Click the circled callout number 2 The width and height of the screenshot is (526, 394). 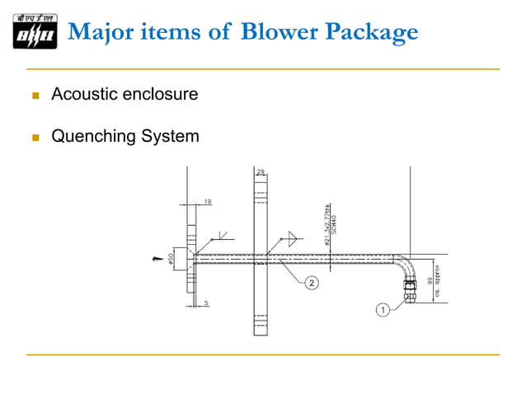pos(312,284)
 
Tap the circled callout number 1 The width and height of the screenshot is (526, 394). pos(383,310)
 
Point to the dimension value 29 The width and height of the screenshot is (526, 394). pos(261,172)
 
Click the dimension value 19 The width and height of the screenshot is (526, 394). pos(208,199)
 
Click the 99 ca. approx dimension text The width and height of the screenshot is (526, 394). pos(434,280)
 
